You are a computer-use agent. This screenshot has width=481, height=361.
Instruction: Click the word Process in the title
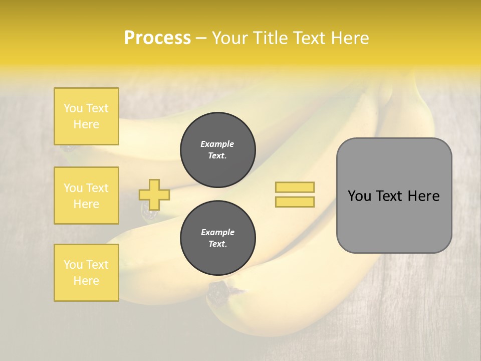pyautogui.click(x=157, y=38)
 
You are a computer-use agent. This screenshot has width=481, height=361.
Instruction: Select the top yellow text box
pyautogui.click(x=86, y=116)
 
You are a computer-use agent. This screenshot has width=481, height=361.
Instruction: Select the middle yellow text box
pyautogui.click(x=86, y=196)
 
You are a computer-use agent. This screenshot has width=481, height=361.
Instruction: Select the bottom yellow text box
pyautogui.click(x=86, y=272)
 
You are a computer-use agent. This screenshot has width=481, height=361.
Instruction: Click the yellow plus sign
pyautogui.click(x=154, y=195)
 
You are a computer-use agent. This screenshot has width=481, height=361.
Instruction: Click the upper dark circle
pyautogui.click(x=218, y=150)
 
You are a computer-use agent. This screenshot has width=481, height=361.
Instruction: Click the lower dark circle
pyautogui.click(x=218, y=238)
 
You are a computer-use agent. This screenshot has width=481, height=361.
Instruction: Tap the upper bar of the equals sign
pyautogui.click(x=295, y=188)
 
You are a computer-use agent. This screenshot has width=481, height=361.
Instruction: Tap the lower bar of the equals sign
pyautogui.click(x=295, y=202)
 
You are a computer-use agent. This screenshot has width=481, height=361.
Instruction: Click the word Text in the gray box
pyautogui.click(x=390, y=196)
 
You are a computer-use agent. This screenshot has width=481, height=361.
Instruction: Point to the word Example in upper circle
pyautogui.click(x=217, y=144)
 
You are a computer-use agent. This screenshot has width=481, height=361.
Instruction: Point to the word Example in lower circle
pyautogui.click(x=217, y=232)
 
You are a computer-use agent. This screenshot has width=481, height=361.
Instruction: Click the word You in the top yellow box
pyautogui.click(x=73, y=108)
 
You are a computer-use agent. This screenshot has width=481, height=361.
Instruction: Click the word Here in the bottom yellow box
pyautogui.click(x=86, y=281)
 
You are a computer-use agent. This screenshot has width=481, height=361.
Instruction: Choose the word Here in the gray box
pyautogui.click(x=423, y=196)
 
